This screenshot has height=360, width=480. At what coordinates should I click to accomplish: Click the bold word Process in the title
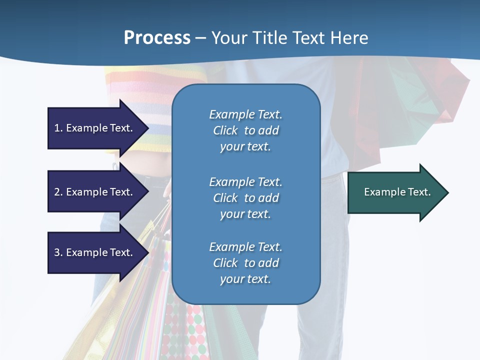pos(157,38)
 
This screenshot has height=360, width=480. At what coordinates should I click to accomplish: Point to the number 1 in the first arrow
pos(57,128)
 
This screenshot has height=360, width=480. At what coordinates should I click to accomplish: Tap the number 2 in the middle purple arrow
pos(57,192)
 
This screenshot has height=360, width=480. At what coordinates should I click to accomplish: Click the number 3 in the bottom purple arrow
pos(57,252)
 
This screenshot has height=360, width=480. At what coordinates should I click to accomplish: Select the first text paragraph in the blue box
pos(245,130)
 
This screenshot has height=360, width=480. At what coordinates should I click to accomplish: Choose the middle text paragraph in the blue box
pos(245,198)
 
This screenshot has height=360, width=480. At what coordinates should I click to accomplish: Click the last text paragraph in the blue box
pos(245,263)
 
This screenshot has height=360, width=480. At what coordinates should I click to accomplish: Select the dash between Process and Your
pos(200,38)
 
